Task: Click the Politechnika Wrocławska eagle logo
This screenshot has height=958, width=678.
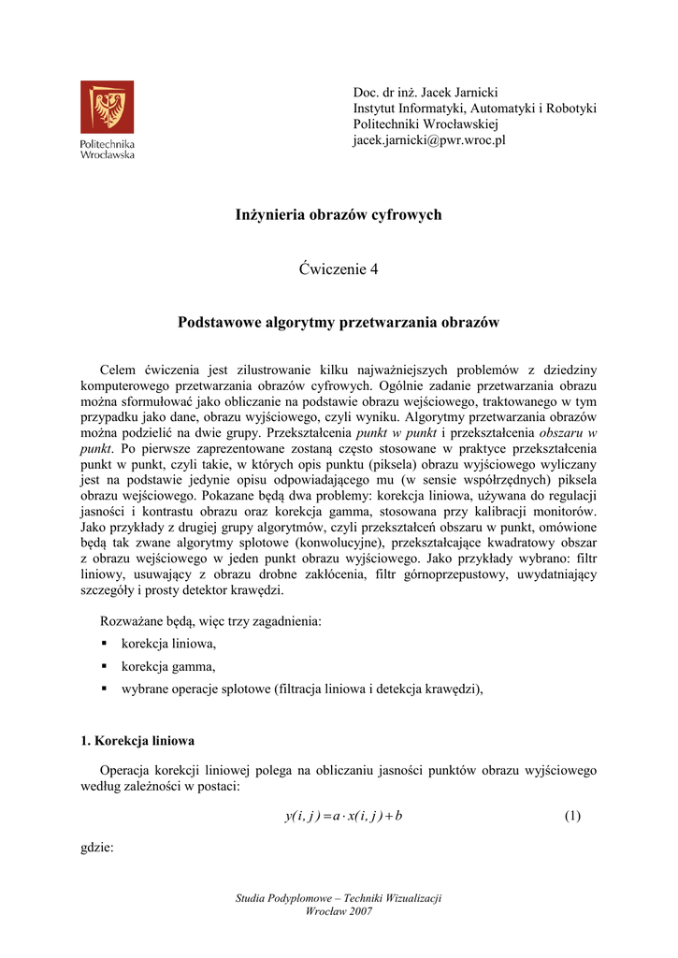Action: [x=107, y=106]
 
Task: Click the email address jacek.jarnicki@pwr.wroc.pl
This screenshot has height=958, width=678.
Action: [x=428, y=140]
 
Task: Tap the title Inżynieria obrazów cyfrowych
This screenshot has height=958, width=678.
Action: [x=339, y=215]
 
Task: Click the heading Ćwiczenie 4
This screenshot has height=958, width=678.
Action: [x=339, y=269]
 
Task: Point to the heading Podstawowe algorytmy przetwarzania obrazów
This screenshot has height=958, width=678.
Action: [x=339, y=323]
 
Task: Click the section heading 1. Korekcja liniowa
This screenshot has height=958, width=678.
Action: [x=138, y=741]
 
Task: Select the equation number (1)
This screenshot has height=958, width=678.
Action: [x=572, y=816]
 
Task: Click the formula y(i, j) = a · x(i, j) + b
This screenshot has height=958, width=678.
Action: [x=343, y=816]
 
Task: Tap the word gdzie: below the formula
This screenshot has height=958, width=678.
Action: [x=97, y=849]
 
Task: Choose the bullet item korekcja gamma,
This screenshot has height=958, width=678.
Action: [x=167, y=666]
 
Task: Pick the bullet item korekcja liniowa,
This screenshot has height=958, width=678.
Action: [x=168, y=644]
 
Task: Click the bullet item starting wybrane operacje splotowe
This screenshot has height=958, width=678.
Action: [x=302, y=689]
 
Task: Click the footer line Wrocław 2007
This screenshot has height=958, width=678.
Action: [x=339, y=912]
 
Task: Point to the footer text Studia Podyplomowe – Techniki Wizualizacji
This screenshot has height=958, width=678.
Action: [x=339, y=898]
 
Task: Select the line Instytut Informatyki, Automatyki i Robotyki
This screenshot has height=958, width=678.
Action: [x=474, y=109]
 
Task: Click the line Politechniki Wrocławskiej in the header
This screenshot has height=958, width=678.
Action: [x=426, y=124]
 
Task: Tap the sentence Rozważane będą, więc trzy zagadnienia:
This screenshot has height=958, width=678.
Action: [x=210, y=621]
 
